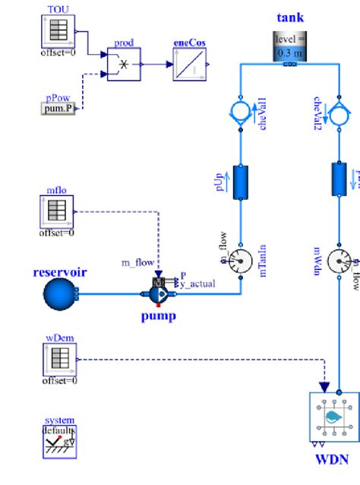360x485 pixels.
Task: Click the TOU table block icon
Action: click(57, 30)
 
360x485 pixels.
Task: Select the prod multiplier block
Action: click(122, 65)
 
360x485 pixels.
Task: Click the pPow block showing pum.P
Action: click(57, 109)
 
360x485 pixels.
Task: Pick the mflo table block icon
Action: click(57, 211)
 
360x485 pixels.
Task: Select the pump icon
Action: click(159, 292)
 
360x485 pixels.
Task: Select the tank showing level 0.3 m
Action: click(289, 48)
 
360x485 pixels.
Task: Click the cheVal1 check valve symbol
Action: click(240, 113)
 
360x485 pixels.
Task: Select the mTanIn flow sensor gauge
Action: click(240, 261)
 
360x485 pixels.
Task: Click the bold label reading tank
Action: click(289, 17)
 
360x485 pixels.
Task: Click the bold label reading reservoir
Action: click(60, 271)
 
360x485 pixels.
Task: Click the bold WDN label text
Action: click(332, 459)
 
